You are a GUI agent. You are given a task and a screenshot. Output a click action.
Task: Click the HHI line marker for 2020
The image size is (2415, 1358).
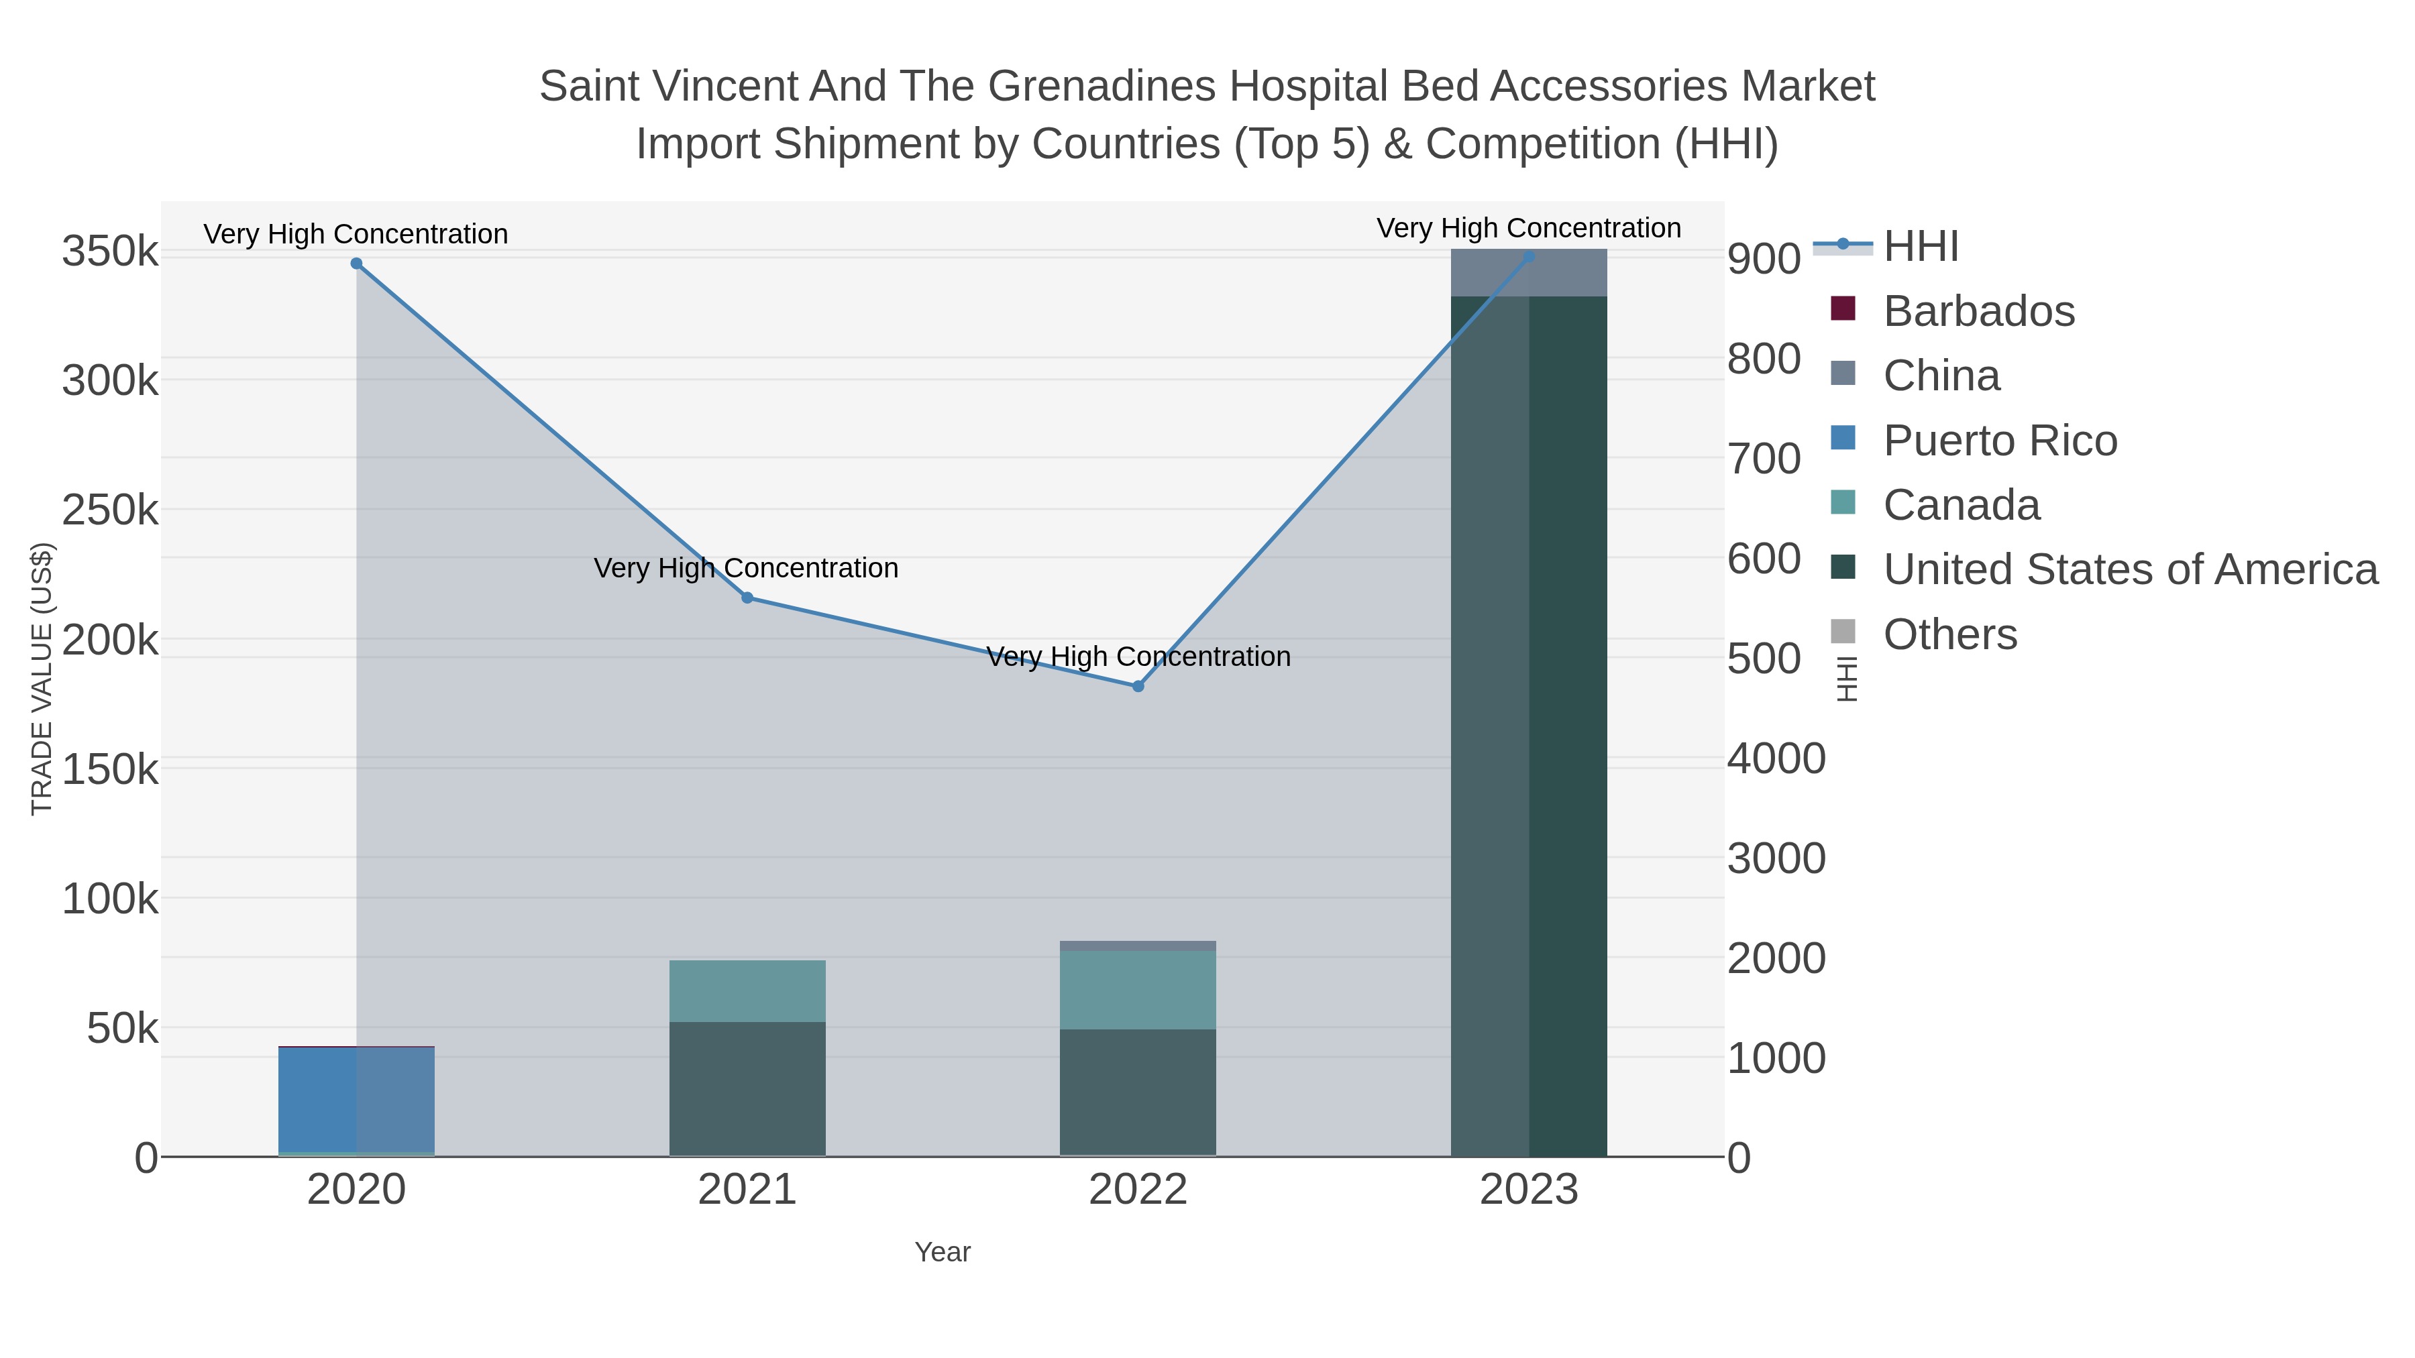(x=356, y=264)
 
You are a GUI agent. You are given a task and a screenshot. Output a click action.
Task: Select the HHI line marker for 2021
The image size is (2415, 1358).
(x=747, y=598)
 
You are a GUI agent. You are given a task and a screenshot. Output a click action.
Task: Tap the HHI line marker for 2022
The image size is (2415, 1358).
(x=1138, y=687)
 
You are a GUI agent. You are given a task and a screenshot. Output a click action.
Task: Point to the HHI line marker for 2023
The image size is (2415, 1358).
(x=1529, y=257)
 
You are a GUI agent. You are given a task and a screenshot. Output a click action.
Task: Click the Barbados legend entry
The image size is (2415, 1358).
(x=1978, y=311)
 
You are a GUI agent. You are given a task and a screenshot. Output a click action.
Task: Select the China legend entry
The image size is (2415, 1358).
(x=1941, y=376)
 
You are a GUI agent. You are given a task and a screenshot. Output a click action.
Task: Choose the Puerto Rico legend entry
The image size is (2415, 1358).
(x=2000, y=441)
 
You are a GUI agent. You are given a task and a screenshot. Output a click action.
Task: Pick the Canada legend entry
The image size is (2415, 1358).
(x=1960, y=505)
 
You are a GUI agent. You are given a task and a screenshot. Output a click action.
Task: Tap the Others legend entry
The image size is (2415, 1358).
(x=1949, y=634)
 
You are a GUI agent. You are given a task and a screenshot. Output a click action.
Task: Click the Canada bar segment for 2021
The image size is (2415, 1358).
(x=747, y=991)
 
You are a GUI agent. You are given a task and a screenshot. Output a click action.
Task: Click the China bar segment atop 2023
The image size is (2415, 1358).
(x=1529, y=274)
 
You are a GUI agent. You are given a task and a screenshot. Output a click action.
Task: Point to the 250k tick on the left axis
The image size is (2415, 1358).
(x=111, y=511)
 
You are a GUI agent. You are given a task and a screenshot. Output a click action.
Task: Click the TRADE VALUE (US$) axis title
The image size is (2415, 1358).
(x=42, y=679)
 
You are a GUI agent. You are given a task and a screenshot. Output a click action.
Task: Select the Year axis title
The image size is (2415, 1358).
(x=943, y=1252)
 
